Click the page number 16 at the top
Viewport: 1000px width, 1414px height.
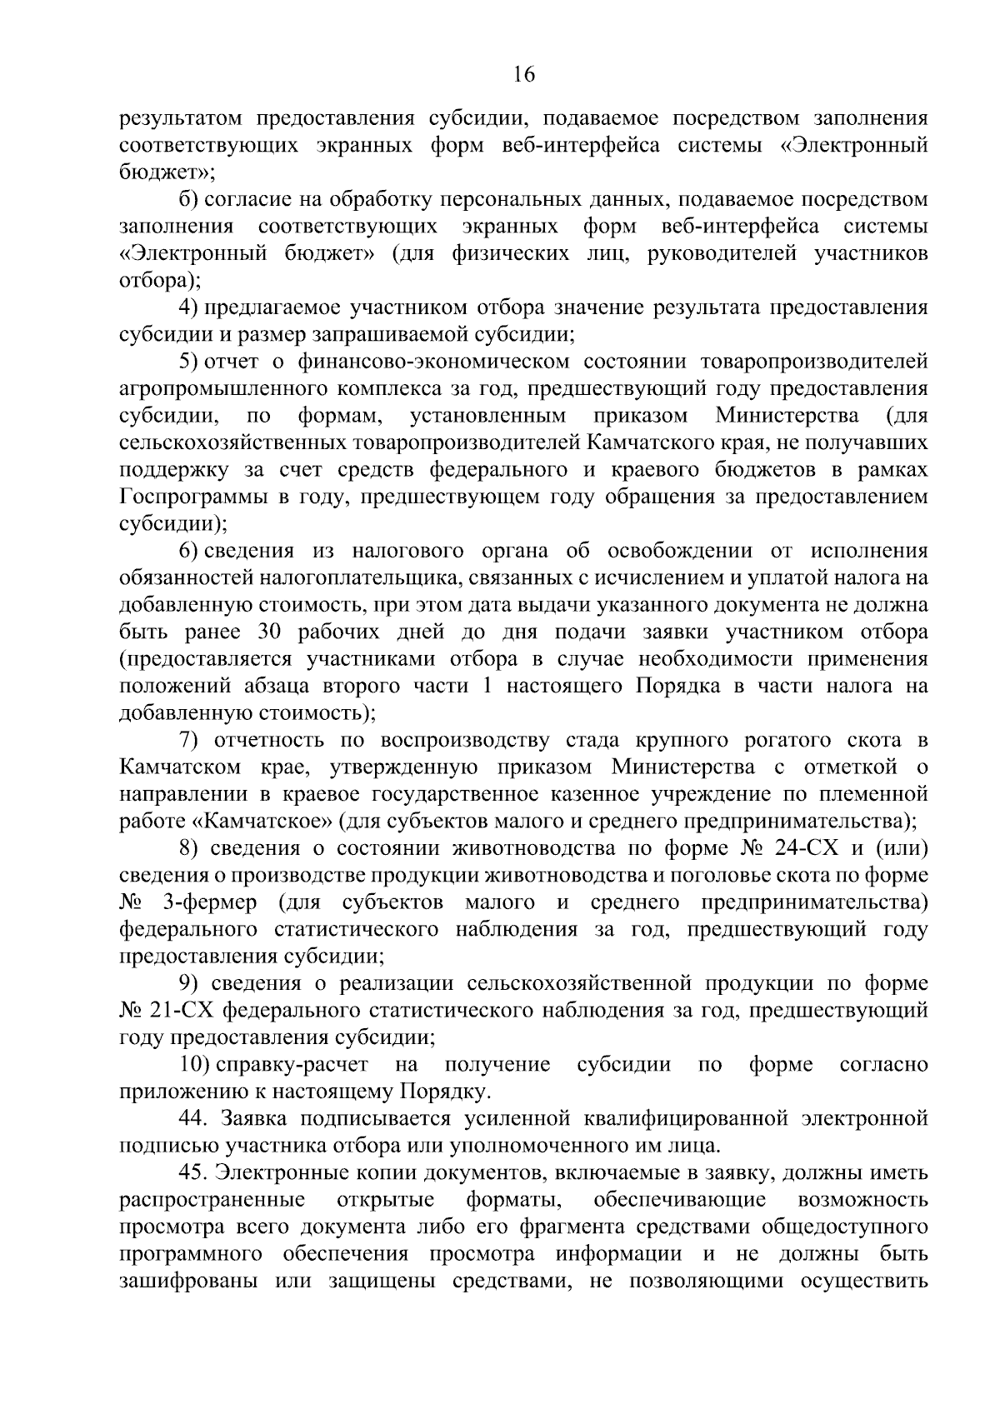(523, 74)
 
